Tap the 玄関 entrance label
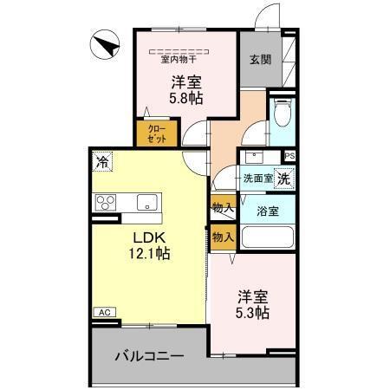click(260, 59)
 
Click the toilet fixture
click(282, 113)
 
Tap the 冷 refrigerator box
click(103, 160)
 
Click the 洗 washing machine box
click(285, 177)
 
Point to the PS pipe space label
click(289, 155)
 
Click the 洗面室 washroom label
click(257, 179)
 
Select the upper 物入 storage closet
click(222, 208)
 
